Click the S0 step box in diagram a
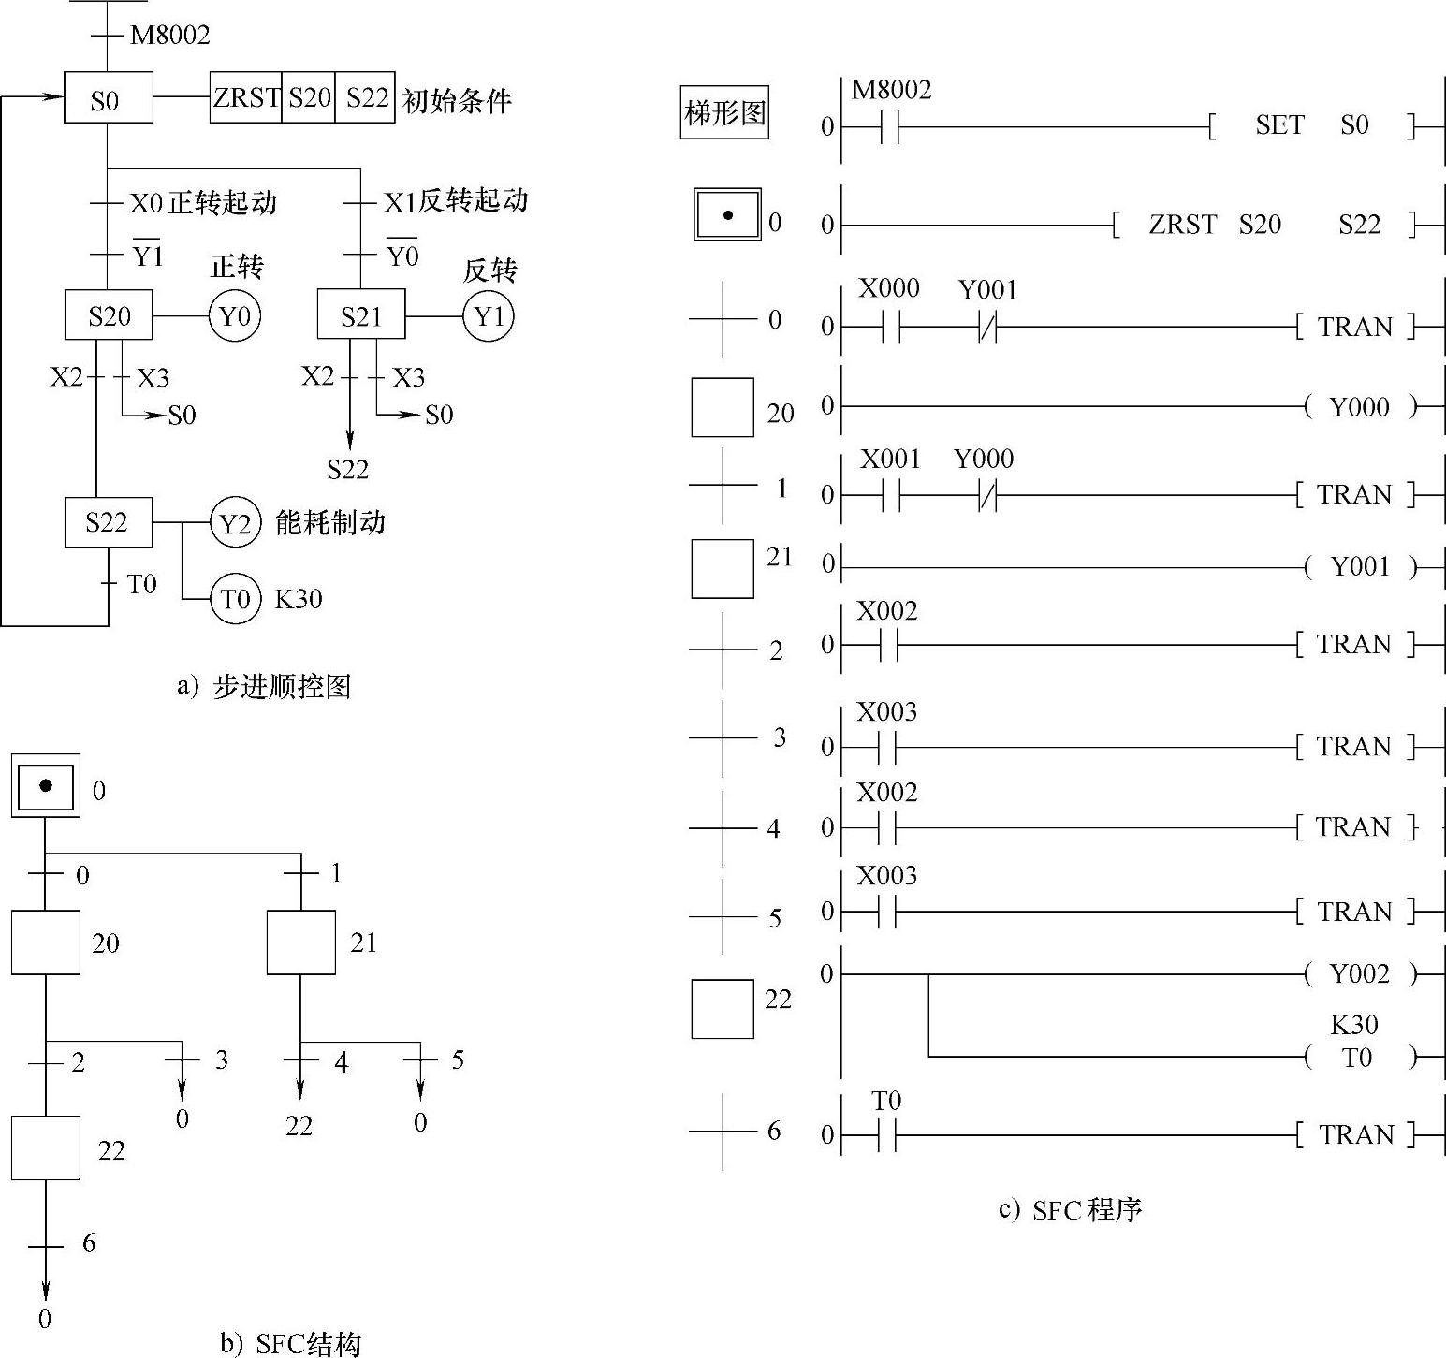[108, 98]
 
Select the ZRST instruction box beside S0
[245, 97]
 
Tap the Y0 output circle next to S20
[234, 316]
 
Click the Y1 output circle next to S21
[489, 316]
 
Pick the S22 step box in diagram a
[108, 522]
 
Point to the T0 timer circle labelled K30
[235, 598]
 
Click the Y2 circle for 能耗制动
[235, 522]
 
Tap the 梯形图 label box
[724, 113]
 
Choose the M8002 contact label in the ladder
[891, 90]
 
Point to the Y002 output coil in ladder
[1360, 975]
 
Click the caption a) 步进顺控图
[264, 687]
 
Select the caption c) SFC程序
[1071, 1210]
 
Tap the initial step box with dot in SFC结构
[46, 785]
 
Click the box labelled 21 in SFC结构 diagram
[300, 942]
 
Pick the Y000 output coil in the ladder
[1360, 407]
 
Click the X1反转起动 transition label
[456, 200]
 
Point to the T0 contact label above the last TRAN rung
[886, 1102]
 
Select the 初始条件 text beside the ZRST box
[457, 100]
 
